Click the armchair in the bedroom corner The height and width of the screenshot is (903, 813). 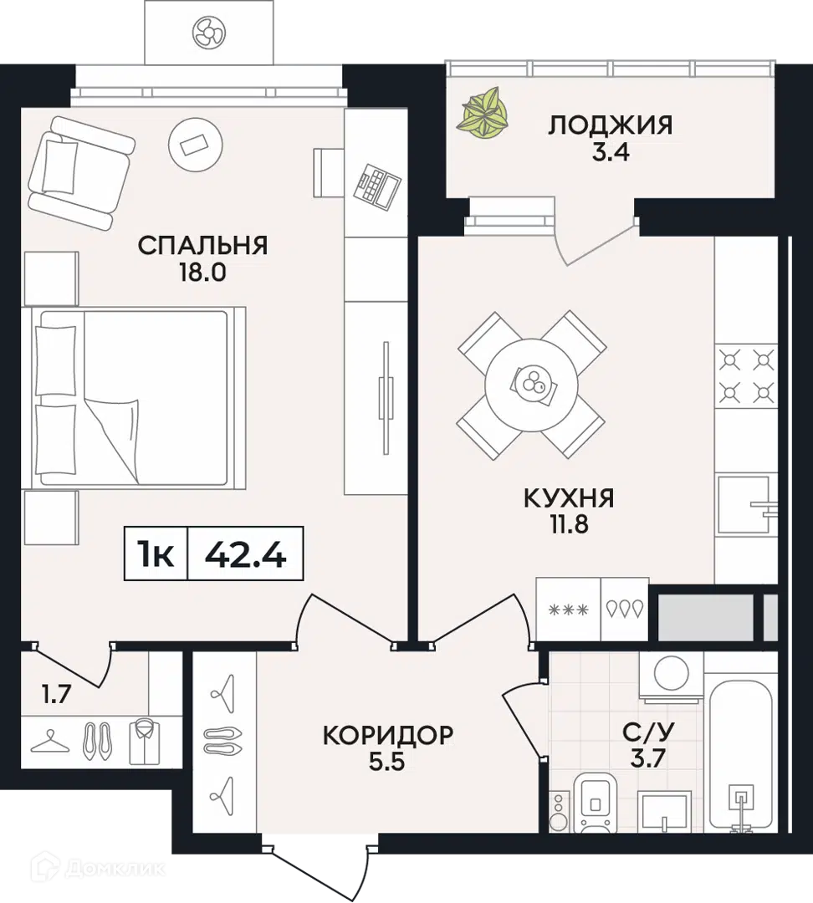(x=80, y=175)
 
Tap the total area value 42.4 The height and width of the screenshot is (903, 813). (x=245, y=554)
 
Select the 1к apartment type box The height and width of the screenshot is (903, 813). (x=156, y=554)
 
